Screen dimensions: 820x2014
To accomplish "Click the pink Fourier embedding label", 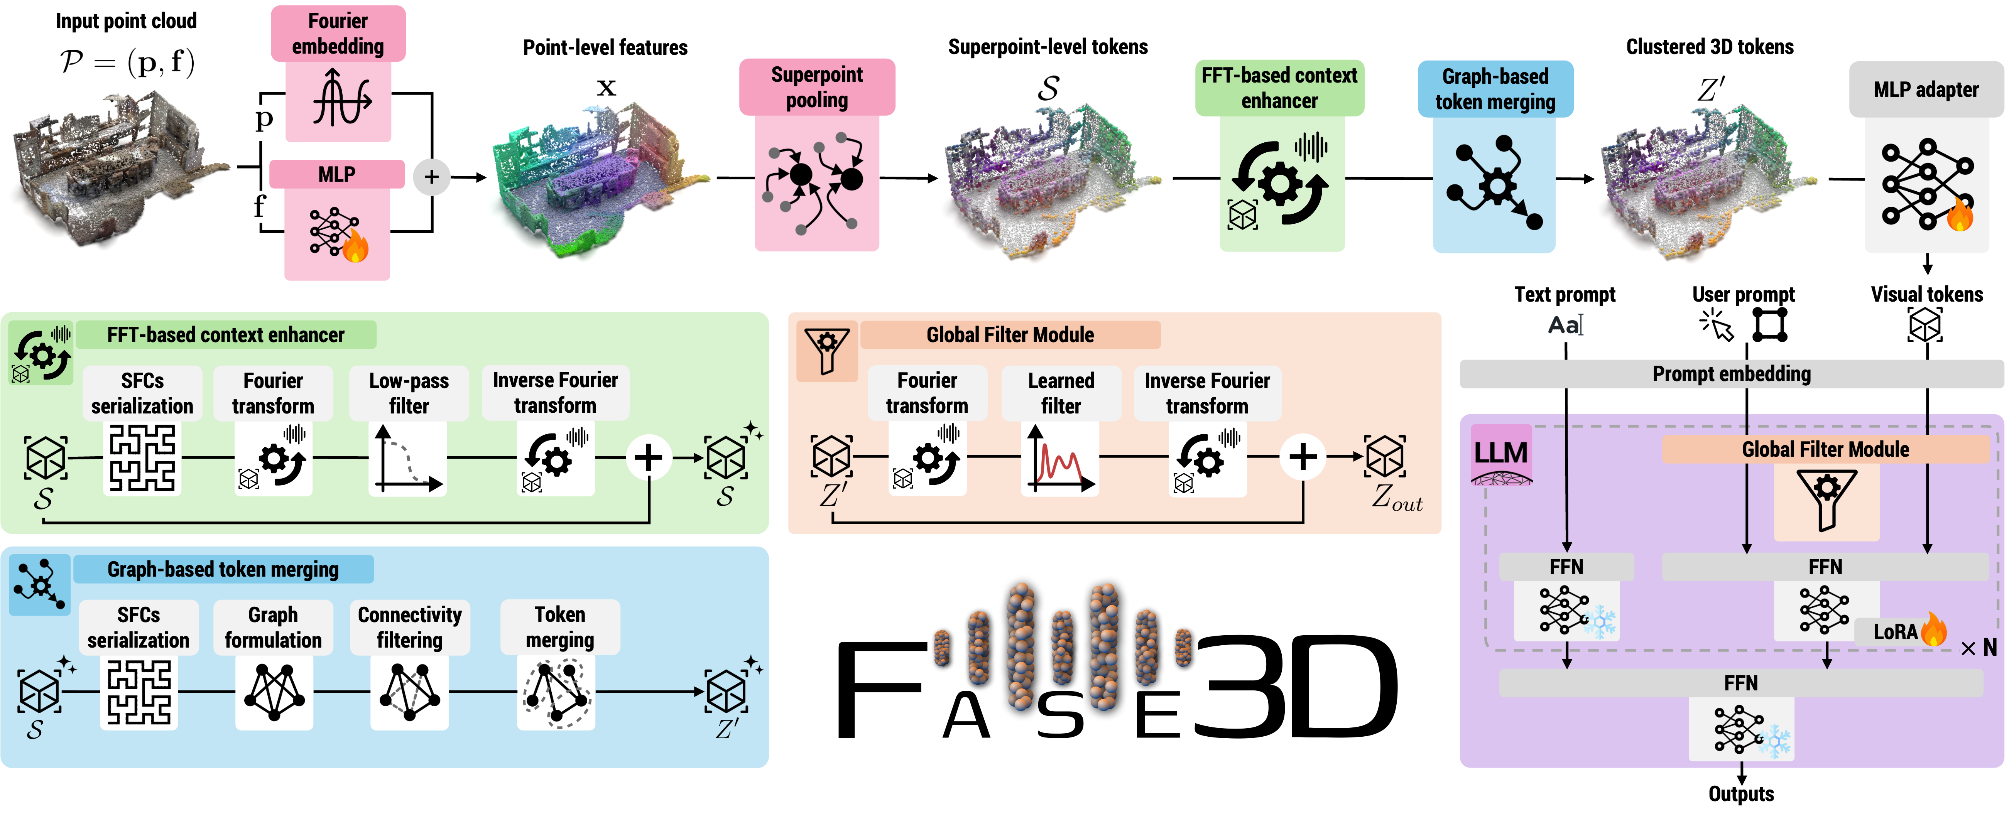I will (338, 34).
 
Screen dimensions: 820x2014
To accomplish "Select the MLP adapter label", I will (1926, 90).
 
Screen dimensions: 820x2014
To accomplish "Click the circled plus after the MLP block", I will (431, 177).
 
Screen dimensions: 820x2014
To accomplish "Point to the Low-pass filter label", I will (409, 393).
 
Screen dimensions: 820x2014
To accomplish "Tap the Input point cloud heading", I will (126, 21).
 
